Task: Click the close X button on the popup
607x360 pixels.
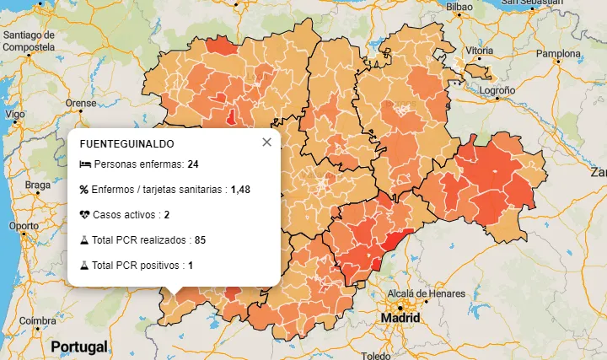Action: click(266, 142)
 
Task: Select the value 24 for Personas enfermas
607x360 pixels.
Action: click(193, 164)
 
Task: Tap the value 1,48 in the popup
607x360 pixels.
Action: click(240, 189)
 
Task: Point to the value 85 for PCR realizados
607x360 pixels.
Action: click(200, 240)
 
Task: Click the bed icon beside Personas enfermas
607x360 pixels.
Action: click(84, 164)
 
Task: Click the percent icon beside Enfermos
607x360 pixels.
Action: click(84, 189)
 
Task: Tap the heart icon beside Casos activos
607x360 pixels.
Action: click(84, 215)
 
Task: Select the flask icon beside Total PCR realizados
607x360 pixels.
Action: click(84, 240)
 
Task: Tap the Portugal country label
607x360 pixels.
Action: click(79, 347)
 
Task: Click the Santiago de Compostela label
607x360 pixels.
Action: click(29, 41)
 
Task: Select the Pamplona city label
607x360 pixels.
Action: click(559, 54)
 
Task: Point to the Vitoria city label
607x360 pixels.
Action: click(479, 51)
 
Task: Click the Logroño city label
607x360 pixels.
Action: click(497, 89)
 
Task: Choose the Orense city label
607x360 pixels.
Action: click(81, 103)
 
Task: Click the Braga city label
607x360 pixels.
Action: click(38, 185)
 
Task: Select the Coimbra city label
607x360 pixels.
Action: click(39, 320)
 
